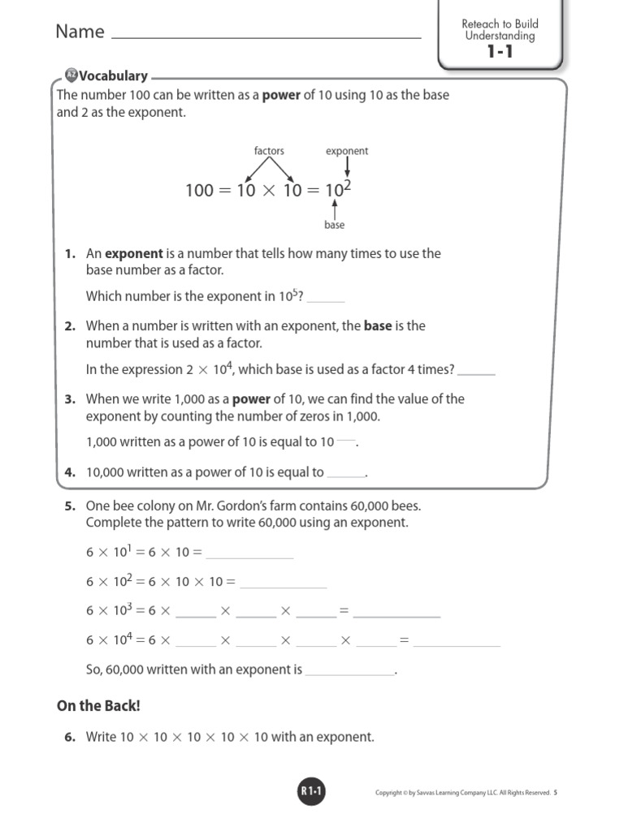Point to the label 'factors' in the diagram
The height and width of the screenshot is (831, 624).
click(x=269, y=151)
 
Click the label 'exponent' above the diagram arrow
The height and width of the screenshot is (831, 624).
click(x=347, y=151)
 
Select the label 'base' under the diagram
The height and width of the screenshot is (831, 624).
click(x=335, y=225)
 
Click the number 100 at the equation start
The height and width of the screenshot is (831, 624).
click(x=198, y=191)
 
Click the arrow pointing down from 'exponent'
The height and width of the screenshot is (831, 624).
click(x=347, y=168)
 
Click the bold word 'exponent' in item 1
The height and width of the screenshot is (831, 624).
click(x=135, y=253)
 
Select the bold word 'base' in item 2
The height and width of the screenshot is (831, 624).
click(x=378, y=326)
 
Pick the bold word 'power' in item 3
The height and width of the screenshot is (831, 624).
click(x=251, y=399)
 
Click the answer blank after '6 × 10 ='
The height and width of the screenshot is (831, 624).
click(x=249, y=556)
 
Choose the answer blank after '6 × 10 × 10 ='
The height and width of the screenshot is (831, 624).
click(x=284, y=585)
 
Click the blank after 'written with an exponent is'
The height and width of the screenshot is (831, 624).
click(x=349, y=674)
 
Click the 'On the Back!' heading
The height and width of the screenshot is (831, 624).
click(x=98, y=706)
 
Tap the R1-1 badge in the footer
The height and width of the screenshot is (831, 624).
click(x=312, y=792)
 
